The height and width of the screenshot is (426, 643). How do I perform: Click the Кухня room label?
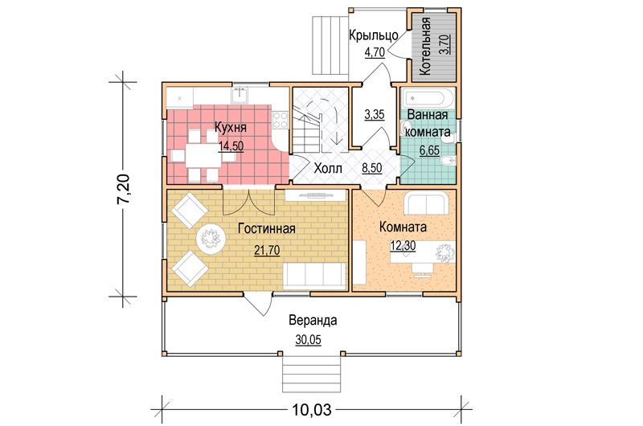[x=231, y=128]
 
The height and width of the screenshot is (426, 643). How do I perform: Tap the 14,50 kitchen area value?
[x=231, y=146]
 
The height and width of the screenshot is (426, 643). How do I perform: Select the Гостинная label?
[x=267, y=228]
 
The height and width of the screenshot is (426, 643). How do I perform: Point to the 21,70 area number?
[x=267, y=250]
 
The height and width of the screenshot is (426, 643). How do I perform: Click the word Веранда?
[x=313, y=320]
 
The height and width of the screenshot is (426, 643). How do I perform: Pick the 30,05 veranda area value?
[x=309, y=340]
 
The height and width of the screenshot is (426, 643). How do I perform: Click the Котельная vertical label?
[x=426, y=46]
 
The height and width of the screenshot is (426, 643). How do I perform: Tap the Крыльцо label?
[x=374, y=35]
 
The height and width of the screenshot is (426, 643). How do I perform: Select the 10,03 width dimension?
[x=312, y=409]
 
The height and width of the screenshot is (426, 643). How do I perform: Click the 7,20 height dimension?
[x=124, y=189]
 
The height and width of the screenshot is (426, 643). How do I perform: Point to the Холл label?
[x=328, y=168]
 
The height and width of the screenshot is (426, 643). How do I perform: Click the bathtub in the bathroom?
[x=428, y=99]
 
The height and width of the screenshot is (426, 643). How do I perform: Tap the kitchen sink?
[x=240, y=95]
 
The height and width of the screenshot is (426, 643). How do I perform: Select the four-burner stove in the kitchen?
[x=281, y=121]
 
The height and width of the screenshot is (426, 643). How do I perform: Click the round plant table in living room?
[x=211, y=237]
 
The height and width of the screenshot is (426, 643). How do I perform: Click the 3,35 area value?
[x=375, y=114]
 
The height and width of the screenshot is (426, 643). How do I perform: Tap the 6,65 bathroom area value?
[x=429, y=150]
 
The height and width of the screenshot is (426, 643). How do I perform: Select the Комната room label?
[x=403, y=227]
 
